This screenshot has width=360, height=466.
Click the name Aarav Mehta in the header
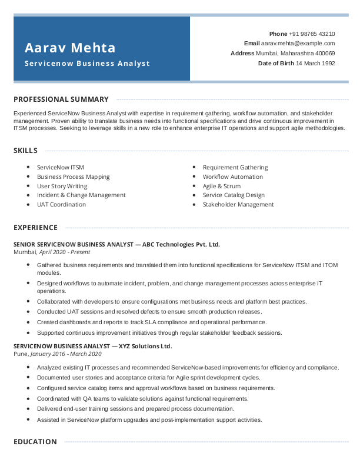[x=70, y=48]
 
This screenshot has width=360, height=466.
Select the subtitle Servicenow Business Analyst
[x=87, y=64]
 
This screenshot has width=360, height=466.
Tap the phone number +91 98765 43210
[x=312, y=34]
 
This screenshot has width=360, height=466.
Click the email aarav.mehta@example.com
[x=298, y=44]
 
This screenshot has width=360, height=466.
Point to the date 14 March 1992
[x=315, y=63]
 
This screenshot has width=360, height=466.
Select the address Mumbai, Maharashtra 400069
[x=295, y=54]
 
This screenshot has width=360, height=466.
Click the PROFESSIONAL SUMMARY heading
[x=61, y=99]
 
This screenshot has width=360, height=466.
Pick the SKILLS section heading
[x=26, y=151]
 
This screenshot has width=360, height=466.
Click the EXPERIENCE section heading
[x=36, y=228]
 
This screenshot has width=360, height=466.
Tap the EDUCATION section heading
[x=35, y=442]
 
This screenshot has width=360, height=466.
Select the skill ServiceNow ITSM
[x=61, y=168]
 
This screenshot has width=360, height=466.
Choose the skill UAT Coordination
[x=61, y=205]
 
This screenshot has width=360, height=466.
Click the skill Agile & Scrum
[x=222, y=186]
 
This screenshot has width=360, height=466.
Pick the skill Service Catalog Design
[x=234, y=195]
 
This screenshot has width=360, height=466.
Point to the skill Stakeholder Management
[x=238, y=205]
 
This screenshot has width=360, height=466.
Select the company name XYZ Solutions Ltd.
[x=145, y=346]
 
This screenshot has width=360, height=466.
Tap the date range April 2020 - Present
[x=65, y=252]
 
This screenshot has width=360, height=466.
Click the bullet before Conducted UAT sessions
[x=28, y=311]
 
